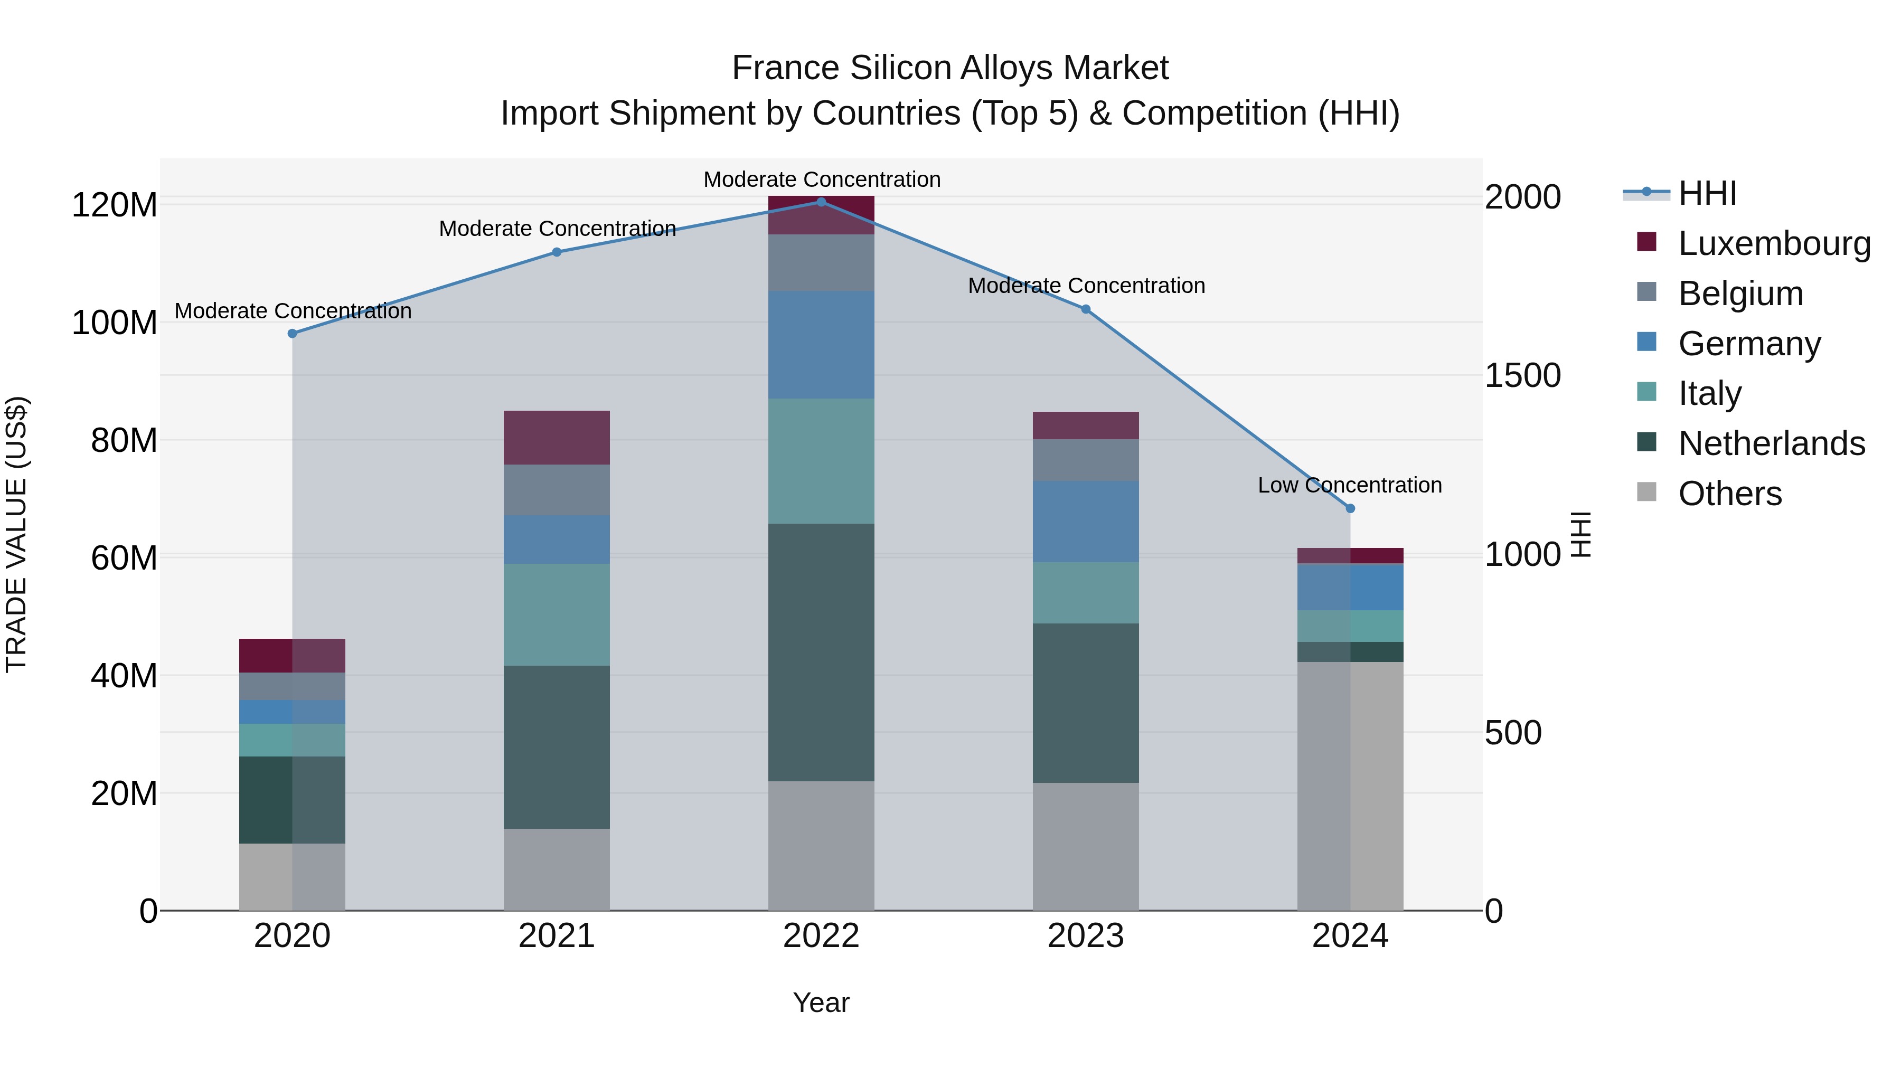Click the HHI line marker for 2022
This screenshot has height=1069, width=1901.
click(821, 202)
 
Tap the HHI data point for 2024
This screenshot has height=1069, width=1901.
click(1350, 508)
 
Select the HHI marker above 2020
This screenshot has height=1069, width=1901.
click(292, 334)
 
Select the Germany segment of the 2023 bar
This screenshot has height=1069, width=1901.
click(1086, 522)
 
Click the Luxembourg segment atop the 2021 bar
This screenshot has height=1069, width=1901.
click(557, 438)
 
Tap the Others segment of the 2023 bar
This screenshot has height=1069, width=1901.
click(1086, 846)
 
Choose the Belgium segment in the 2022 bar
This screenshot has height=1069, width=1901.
click(821, 263)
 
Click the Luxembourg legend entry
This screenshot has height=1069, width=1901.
click(1774, 243)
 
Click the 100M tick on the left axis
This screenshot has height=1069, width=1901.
click(115, 323)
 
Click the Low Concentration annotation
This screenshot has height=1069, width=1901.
click(1350, 486)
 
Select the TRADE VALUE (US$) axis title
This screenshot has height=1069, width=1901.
click(16, 534)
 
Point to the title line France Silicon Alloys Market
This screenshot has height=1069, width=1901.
click(950, 68)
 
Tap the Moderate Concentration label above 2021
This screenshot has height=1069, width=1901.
click(557, 229)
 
